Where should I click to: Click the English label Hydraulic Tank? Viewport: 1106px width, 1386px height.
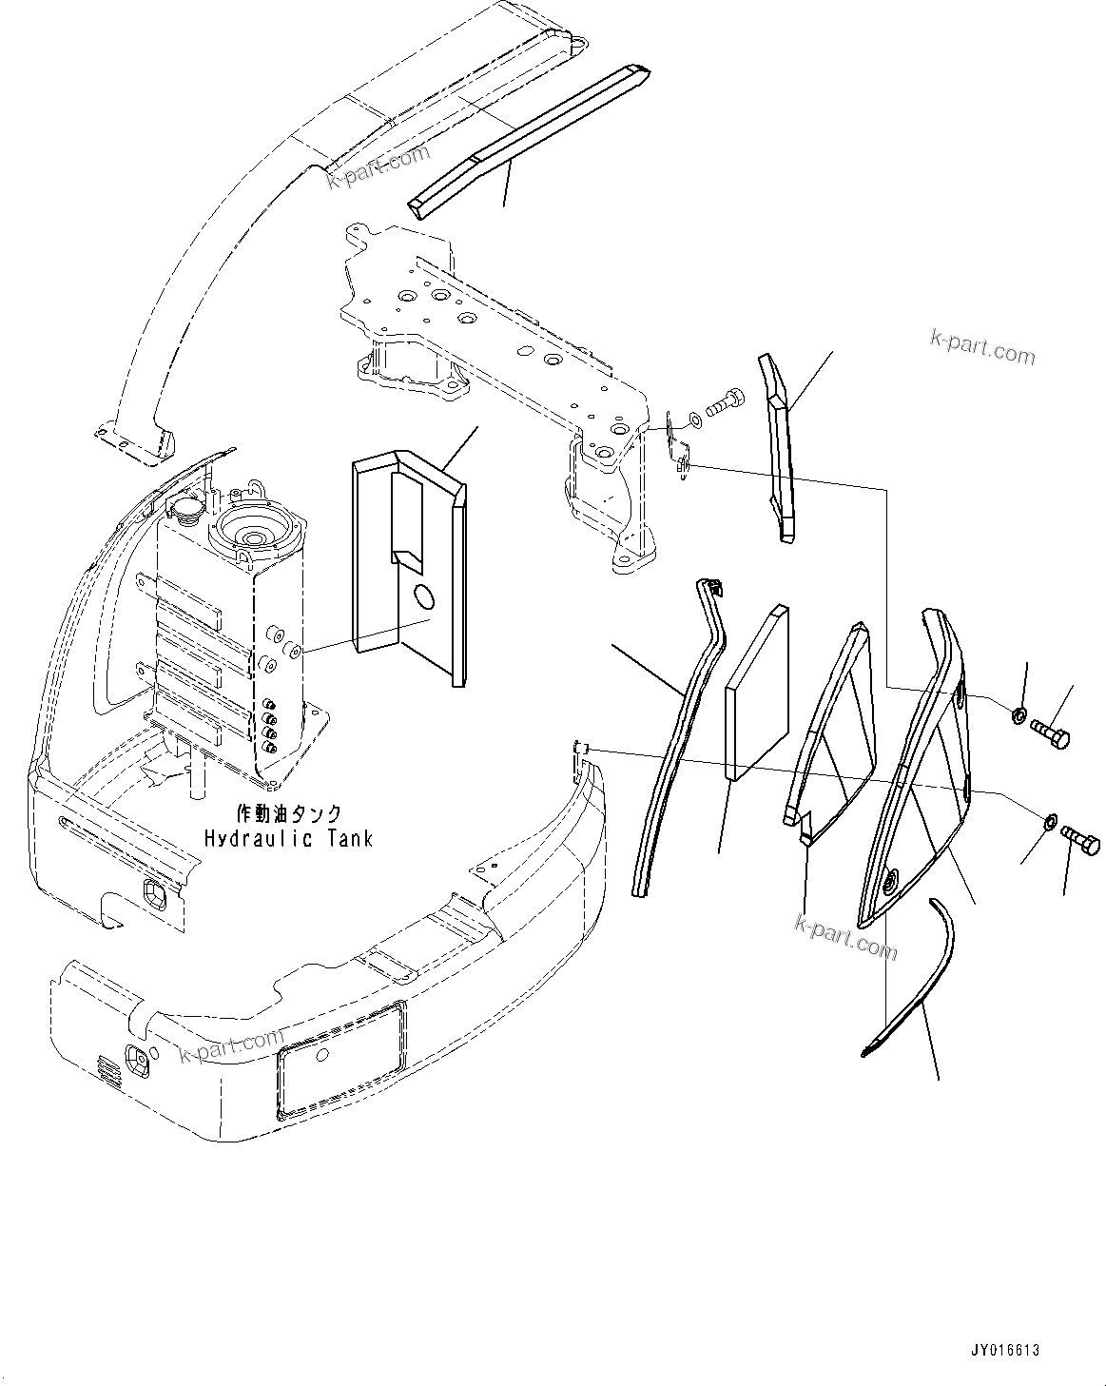click(288, 838)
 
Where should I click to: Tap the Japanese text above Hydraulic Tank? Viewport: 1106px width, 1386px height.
click(288, 814)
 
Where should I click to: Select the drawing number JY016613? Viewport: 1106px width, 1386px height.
click(1005, 1350)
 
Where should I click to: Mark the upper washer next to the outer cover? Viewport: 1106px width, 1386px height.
click(1019, 714)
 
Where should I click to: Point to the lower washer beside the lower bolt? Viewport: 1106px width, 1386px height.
click(1049, 820)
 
